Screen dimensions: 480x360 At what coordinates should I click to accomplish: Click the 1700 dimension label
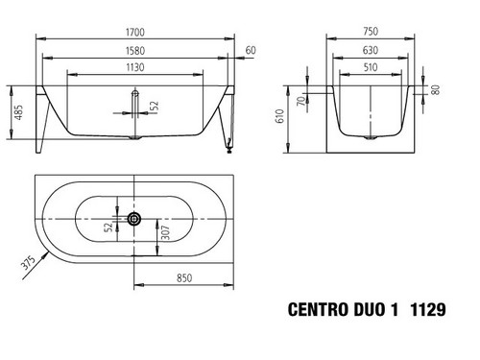pos(135,33)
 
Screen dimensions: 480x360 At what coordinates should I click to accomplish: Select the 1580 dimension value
pos(135,51)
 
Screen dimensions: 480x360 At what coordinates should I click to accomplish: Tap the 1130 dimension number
pos(135,67)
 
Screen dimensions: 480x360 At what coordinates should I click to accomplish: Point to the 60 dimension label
pos(251,50)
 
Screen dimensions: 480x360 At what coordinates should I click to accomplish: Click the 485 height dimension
pos(19,112)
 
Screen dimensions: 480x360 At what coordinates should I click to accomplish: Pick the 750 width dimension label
pos(371,32)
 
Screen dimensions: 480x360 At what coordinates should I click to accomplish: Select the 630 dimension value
pos(371,50)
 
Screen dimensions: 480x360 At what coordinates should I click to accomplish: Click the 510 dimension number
pos(371,67)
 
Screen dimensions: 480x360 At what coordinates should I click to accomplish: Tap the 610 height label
pos(279,116)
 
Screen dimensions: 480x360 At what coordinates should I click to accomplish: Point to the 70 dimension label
pos(300,102)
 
